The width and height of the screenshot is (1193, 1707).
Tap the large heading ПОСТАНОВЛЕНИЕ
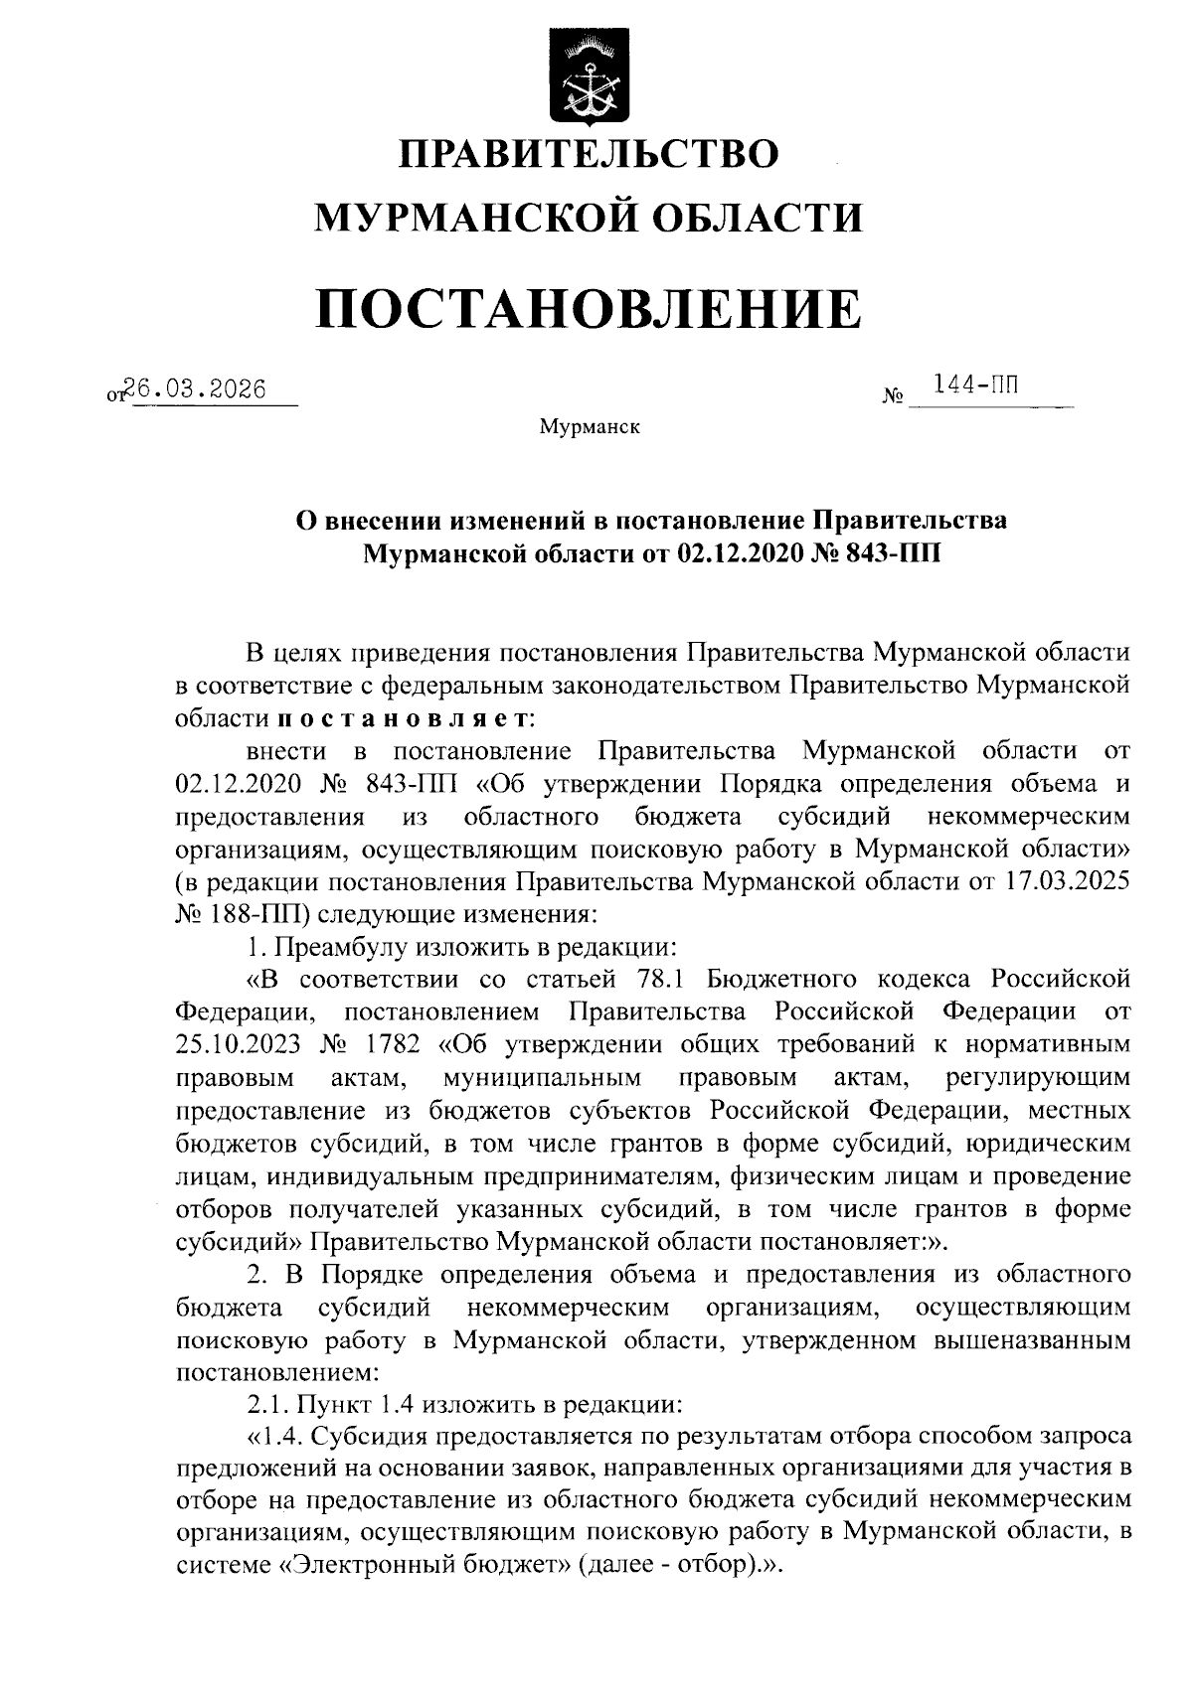pos(590,307)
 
